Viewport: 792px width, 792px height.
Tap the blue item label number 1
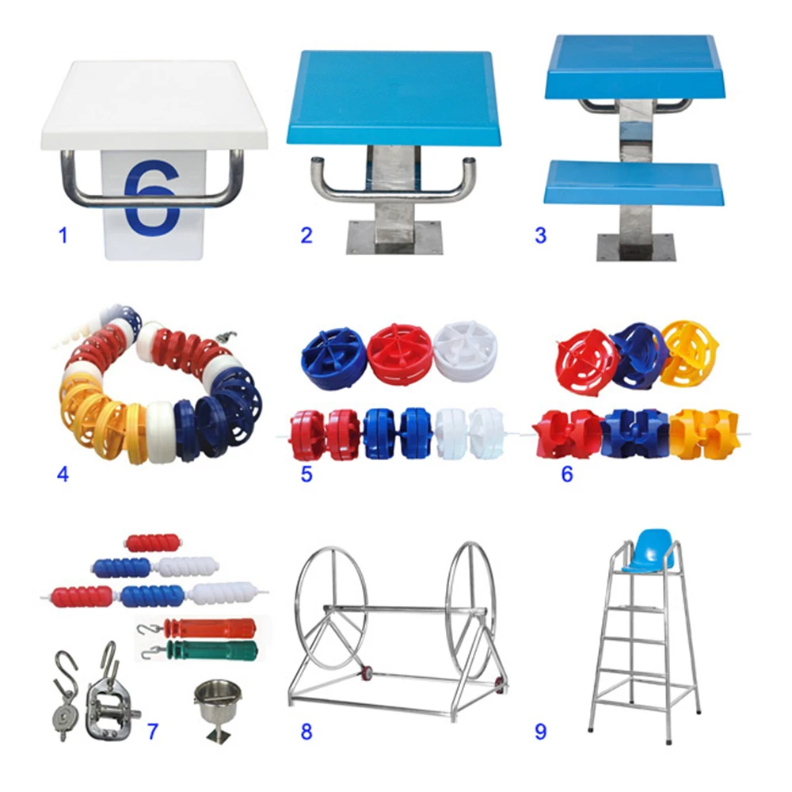click(x=63, y=235)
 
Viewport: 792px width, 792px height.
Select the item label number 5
click(x=306, y=474)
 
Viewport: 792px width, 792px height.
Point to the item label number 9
click(x=540, y=731)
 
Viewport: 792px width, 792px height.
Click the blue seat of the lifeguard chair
click(x=649, y=550)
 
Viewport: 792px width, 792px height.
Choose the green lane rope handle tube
click(x=212, y=650)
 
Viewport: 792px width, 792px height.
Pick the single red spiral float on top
click(x=153, y=543)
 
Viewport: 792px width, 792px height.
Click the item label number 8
click(x=306, y=731)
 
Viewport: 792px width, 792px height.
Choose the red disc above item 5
click(x=400, y=349)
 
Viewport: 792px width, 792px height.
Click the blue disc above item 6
click(x=638, y=356)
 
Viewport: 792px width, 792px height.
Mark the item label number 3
click(x=540, y=235)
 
